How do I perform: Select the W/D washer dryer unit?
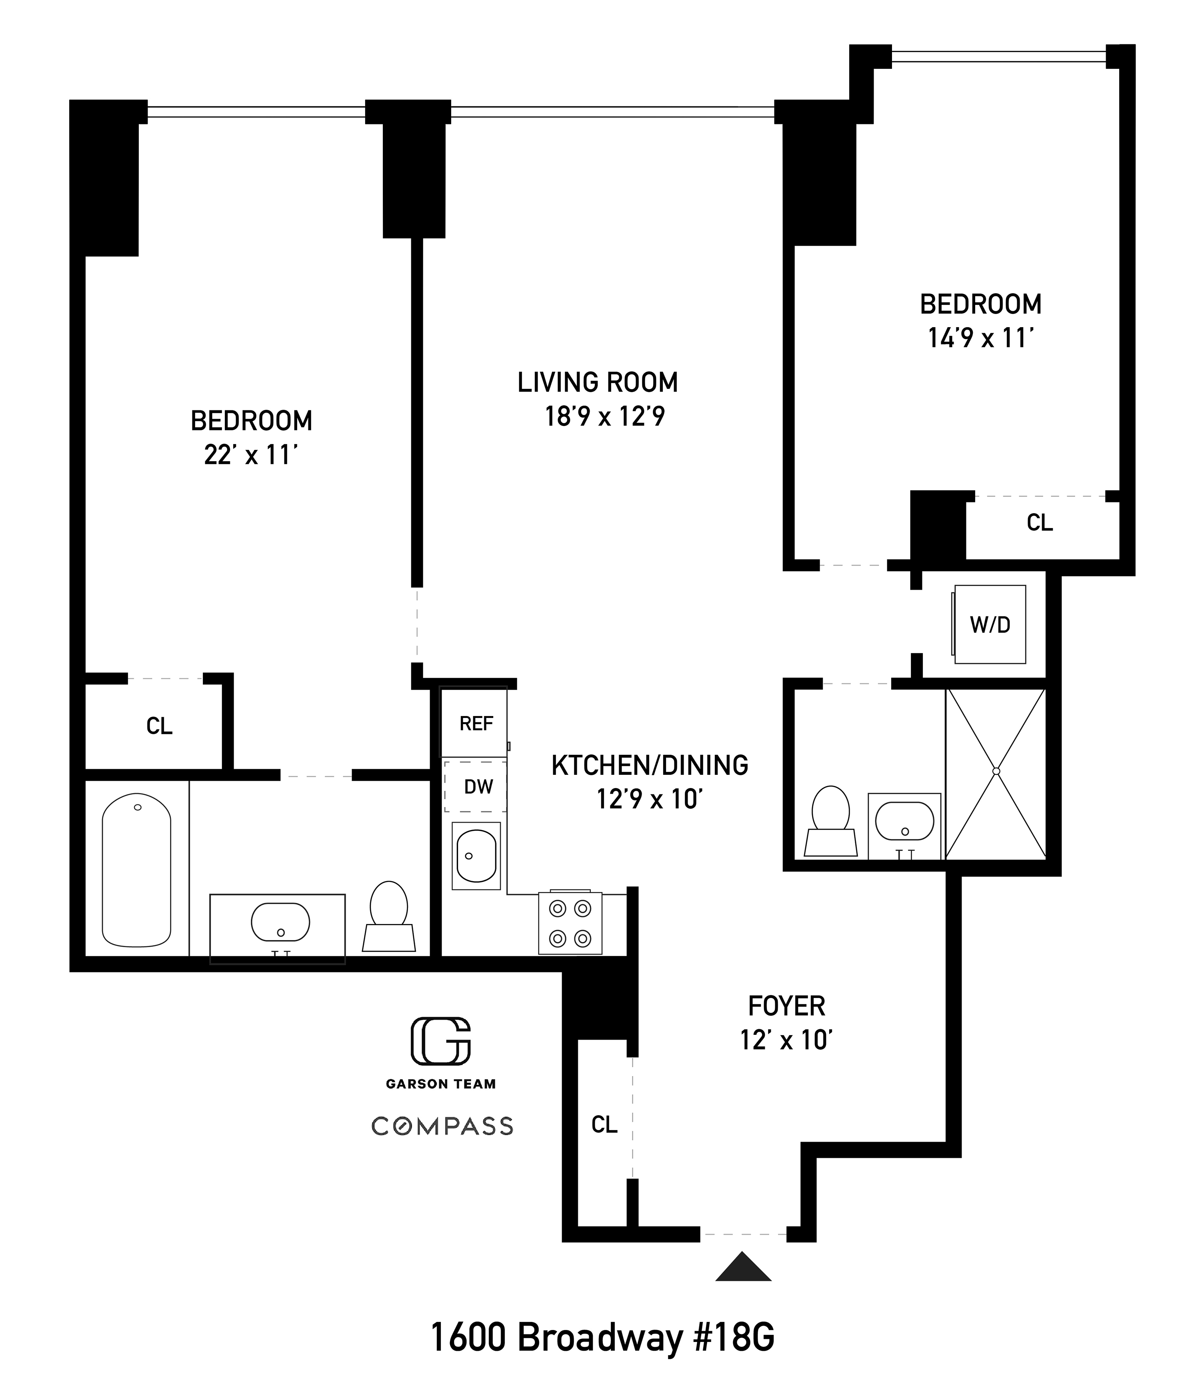pyautogui.click(x=990, y=625)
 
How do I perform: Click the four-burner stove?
pyautogui.click(x=570, y=923)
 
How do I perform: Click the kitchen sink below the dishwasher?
pyautogui.click(x=476, y=856)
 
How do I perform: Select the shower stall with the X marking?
pyautogui.click(x=995, y=773)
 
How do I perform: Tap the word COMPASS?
pyautogui.click(x=442, y=1126)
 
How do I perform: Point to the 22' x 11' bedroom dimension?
pyautogui.click(x=250, y=455)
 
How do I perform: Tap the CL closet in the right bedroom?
pyautogui.click(x=1039, y=522)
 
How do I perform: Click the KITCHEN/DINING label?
pyautogui.click(x=649, y=765)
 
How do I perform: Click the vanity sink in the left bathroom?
pyautogui.click(x=280, y=923)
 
